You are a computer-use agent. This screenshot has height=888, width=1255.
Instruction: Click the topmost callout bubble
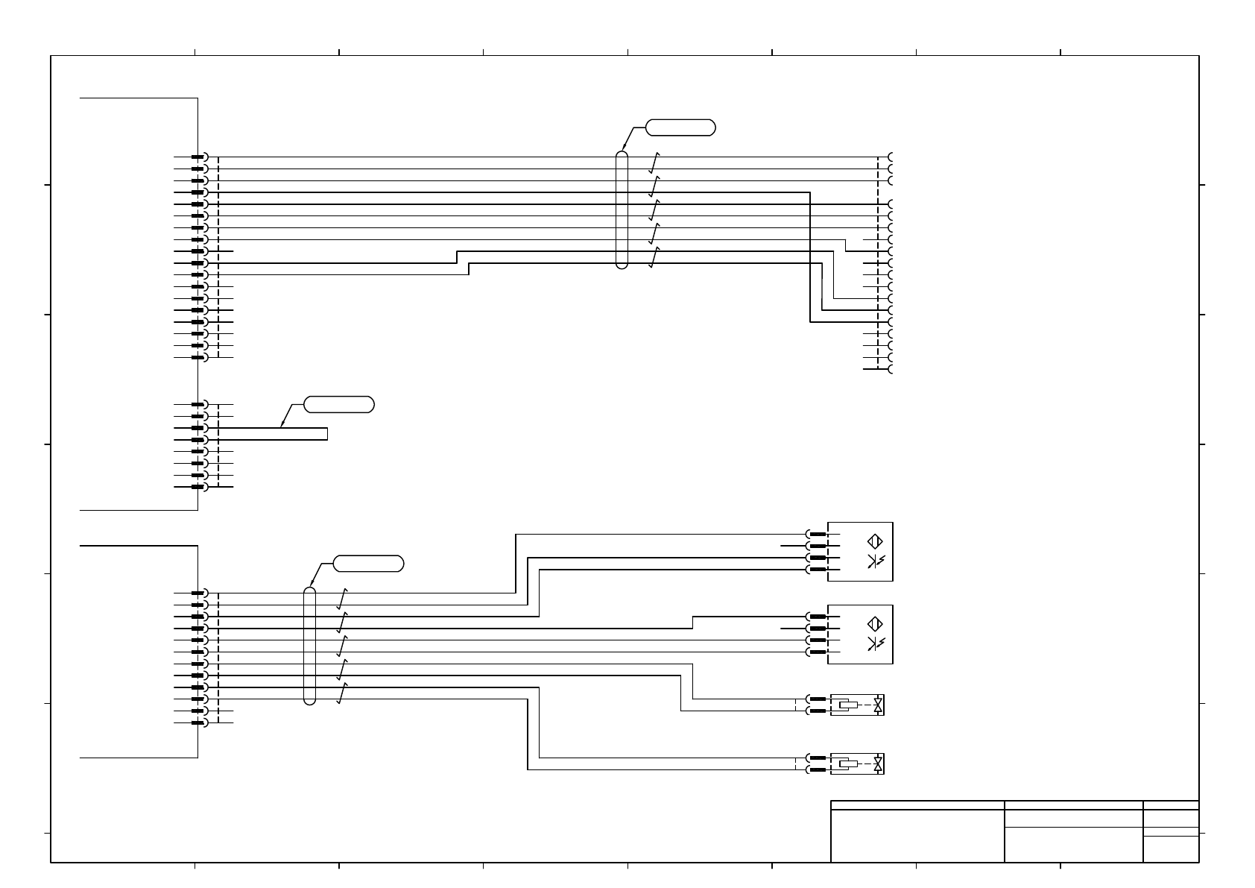[680, 127]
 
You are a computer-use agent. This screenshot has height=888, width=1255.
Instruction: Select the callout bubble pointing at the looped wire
[339, 405]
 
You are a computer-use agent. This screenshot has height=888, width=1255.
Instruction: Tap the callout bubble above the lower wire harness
[368, 564]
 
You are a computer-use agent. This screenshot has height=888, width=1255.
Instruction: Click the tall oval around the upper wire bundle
[622, 210]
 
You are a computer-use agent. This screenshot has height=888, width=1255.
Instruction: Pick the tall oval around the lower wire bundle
[310, 646]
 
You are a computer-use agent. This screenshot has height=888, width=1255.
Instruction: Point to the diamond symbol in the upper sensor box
[876, 541]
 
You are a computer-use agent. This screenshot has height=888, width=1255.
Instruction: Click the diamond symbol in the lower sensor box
[876, 624]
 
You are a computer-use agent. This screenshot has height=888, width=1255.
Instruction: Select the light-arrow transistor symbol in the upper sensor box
[876, 561]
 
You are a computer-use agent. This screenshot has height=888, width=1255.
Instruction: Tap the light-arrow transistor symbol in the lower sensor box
[876, 644]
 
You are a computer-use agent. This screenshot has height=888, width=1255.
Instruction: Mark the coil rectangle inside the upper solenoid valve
[848, 705]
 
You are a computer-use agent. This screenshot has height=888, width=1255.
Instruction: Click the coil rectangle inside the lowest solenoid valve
[848, 763]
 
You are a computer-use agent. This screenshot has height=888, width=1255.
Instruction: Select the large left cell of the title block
[917, 836]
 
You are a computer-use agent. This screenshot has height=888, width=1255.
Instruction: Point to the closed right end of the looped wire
[327, 434]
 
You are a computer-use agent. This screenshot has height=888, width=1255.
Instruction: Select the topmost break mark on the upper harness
[654, 163]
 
